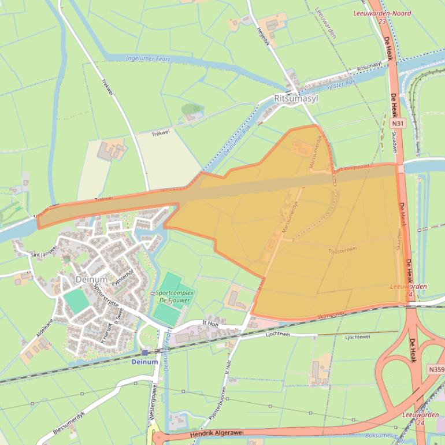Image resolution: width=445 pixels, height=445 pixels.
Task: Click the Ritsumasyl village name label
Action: pyautogui.click(x=297, y=99)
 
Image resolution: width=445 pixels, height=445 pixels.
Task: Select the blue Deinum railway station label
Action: pyautogui.click(x=144, y=362)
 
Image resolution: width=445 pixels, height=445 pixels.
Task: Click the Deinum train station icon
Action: pyautogui.click(x=144, y=352)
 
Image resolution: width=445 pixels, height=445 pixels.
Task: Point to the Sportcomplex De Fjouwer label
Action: pyautogui.click(x=175, y=296)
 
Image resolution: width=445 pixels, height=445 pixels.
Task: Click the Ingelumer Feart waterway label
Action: pyautogui.click(x=147, y=58)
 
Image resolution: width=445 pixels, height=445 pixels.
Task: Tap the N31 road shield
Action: pyautogui.click(x=397, y=123)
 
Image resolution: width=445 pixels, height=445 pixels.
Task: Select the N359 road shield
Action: pyautogui.click(x=436, y=369)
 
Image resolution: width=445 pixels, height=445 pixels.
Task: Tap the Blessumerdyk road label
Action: pyautogui.click(x=69, y=424)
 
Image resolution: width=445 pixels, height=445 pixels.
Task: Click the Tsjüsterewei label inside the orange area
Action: pyautogui.click(x=342, y=250)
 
